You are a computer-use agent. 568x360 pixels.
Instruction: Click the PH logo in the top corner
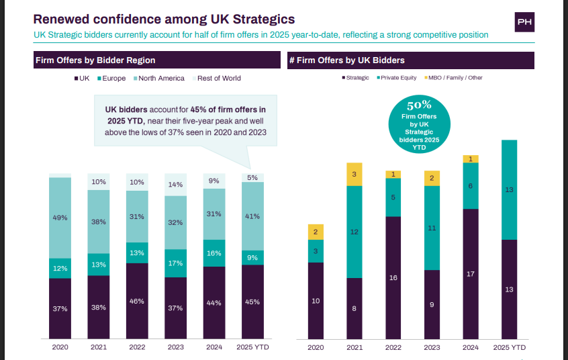pos(524,22)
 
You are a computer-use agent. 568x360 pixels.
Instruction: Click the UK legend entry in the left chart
pos(81,78)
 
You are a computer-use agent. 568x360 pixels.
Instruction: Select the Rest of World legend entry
pos(218,78)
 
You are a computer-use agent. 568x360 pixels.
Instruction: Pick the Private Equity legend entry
pos(396,77)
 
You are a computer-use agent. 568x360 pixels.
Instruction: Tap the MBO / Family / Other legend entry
pos(454,77)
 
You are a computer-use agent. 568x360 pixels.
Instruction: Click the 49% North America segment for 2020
pos(60,218)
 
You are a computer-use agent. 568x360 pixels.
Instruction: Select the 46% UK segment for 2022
pos(137,301)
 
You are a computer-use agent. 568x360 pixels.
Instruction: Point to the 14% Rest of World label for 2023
pos(175,185)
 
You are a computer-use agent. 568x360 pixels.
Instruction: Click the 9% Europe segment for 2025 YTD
pos(252,257)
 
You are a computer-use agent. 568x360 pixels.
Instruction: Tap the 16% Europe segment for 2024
pos(214,253)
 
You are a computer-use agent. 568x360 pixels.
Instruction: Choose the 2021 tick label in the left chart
pos(99,347)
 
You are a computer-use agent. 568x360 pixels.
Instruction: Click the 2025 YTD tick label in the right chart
pos(509,347)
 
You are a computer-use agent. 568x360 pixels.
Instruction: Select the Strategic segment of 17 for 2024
pos(471,274)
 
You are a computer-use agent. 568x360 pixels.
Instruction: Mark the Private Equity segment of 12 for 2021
pos(354,232)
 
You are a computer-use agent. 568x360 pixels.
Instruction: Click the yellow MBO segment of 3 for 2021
pos(354,174)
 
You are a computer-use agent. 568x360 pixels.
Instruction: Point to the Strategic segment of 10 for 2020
pos(316,301)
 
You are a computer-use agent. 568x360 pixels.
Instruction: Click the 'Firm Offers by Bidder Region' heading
pos(95,60)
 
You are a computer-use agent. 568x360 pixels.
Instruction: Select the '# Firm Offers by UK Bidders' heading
pos(346,60)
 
